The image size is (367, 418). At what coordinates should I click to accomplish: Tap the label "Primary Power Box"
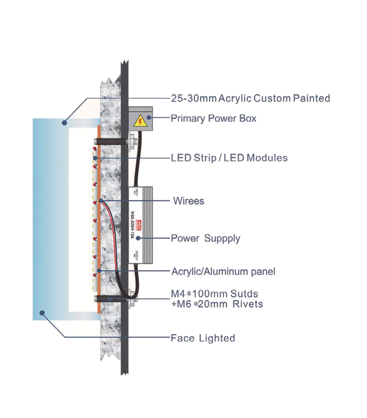[x=213, y=118]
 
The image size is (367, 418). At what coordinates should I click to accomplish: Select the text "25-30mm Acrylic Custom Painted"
[x=250, y=98]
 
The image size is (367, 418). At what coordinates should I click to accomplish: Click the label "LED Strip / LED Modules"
[x=229, y=158]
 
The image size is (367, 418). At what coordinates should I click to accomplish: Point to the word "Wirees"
[x=188, y=201]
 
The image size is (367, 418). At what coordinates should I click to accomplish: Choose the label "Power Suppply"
[x=205, y=238]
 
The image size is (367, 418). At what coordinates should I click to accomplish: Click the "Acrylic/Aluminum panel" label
[x=223, y=271]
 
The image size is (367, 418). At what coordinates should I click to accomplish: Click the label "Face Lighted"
[x=202, y=338]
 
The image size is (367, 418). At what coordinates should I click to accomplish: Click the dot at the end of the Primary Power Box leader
[x=148, y=118]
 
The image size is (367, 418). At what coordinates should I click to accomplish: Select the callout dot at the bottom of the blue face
[x=42, y=313]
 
